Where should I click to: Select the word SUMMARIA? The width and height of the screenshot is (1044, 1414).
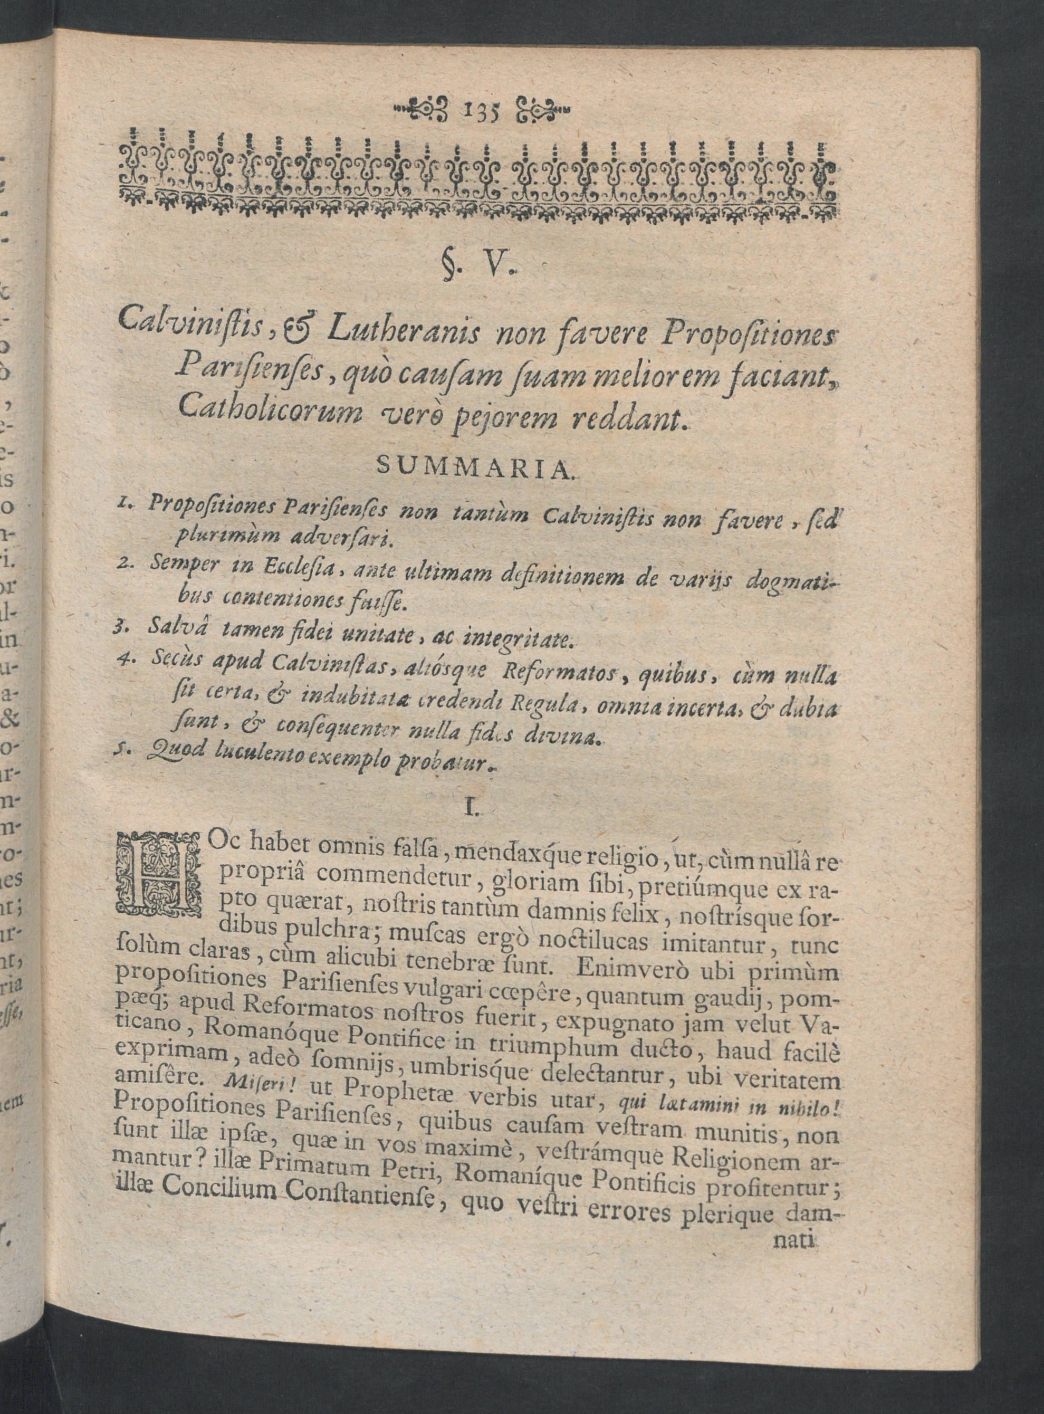pyautogui.click(x=474, y=466)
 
